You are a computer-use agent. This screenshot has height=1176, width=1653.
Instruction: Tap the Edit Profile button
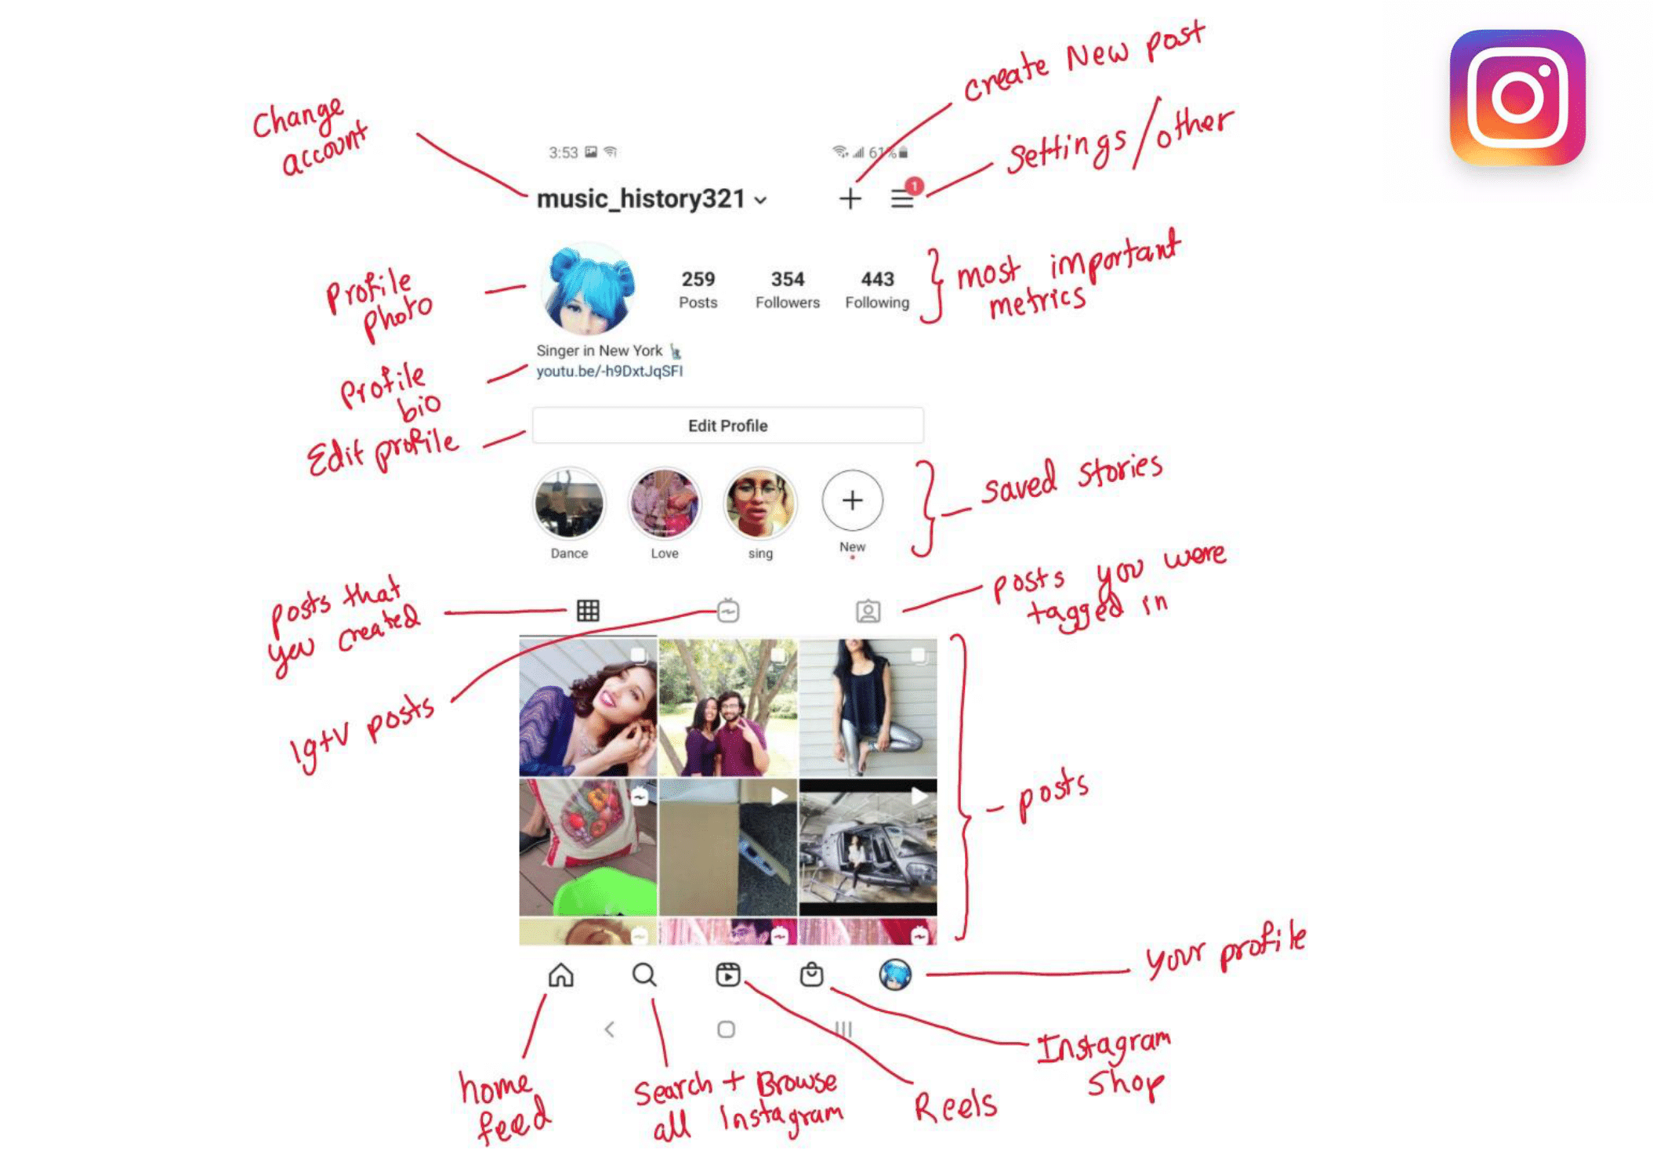point(727,425)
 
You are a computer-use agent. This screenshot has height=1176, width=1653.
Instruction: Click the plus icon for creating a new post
point(850,198)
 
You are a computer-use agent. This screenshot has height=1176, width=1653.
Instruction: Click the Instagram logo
point(1517,97)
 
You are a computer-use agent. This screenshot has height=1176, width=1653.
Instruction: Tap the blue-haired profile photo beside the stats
point(589,289)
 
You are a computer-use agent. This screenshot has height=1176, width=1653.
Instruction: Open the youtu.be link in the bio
point(609,371)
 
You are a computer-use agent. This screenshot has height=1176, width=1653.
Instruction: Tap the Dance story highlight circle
point(569,503)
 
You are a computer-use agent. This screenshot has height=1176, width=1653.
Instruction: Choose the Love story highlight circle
point(665,503)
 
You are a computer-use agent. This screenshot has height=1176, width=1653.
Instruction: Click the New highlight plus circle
point(852,500)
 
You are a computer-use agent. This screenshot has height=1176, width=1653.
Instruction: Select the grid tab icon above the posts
point(588,610)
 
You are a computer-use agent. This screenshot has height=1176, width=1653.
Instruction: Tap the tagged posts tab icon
point(868,611)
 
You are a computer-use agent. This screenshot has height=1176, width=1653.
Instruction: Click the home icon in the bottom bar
point(560,975)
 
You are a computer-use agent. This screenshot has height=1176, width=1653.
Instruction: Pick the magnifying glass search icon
point(644,975)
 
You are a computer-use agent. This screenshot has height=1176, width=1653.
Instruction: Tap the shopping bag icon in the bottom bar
point(811,974)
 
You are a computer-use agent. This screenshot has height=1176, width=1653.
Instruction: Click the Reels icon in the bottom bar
point(727,975)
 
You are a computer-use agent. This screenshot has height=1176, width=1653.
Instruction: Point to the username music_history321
point(640,199)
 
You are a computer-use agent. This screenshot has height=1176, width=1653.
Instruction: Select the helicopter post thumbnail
point(868,848)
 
